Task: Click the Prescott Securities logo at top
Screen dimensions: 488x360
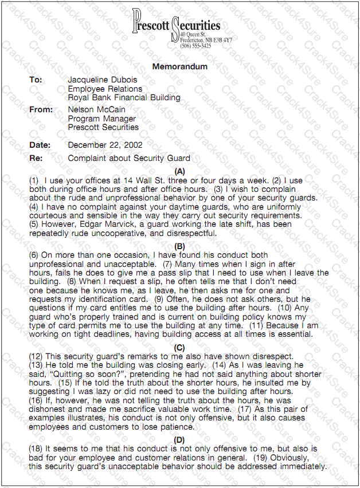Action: (176, 25)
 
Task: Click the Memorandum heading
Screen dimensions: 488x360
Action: (179, 66)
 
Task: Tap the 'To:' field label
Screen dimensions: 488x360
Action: (36, 80)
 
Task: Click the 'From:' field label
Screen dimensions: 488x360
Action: (41, 109)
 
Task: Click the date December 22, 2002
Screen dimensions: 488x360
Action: (105, 145)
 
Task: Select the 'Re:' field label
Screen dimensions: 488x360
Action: (36, 158)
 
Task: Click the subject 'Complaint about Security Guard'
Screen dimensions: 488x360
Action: (129, 158)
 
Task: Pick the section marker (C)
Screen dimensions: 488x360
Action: (179, 347)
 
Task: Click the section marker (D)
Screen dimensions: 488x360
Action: (179, 439)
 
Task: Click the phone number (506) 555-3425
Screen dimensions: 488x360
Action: (195, 46)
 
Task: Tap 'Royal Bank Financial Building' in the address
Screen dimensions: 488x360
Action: (124, 97)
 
